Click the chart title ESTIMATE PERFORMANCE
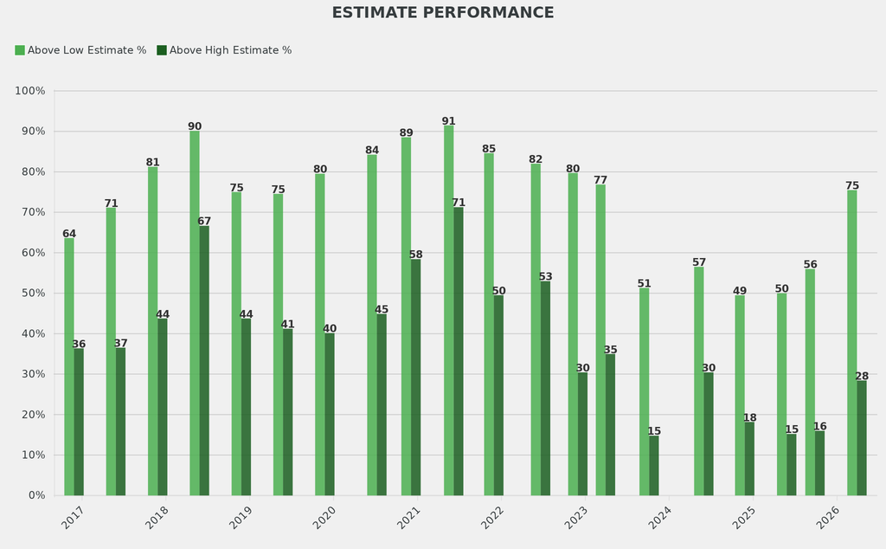(442, 13)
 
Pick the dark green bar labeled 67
(204, 360)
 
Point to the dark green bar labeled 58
(415, 378)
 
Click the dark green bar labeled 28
(862, 438)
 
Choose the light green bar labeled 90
(195, 313)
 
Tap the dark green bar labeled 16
(819, 463)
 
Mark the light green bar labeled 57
(699, 381)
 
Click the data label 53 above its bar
(545, 277)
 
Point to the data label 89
(406, 133)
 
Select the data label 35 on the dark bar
(610, 350)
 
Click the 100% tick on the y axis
(31, 91)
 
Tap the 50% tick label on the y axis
(34, 294)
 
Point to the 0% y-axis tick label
(37, 495)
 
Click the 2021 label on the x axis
(408, 519)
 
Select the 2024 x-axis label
(659, 519)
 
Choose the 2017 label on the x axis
(74, 519)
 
